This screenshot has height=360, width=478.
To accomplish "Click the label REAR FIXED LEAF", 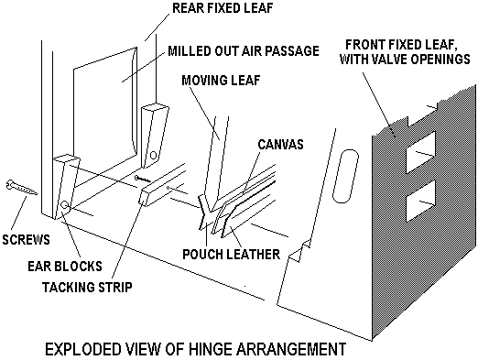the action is (223, 8).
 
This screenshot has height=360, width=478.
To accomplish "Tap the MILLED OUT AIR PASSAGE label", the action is (244, 50).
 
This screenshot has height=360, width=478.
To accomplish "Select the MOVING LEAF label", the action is (221, 81).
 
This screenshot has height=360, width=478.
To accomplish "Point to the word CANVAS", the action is (280, 144).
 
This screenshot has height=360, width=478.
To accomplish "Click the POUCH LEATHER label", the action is (231, 254).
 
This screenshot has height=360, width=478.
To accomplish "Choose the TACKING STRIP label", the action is (87, 287).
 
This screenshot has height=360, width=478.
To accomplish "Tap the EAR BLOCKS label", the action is (65, 267).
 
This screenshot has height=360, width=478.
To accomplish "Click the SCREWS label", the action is (26, 240).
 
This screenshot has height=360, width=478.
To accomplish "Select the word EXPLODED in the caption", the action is (83, 349).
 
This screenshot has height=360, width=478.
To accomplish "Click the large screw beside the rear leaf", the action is (21, 187).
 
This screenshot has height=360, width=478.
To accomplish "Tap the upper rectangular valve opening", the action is (420, 152).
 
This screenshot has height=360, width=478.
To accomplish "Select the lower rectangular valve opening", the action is (420, 201).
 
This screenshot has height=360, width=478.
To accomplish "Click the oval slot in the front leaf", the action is (345, 176).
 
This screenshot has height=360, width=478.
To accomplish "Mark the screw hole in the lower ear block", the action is (65, 205).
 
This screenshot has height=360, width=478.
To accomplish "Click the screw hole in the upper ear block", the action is (154, 156).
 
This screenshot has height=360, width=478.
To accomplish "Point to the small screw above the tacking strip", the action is (142, 179).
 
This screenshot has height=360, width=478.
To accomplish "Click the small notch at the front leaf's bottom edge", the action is (299, 251).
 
